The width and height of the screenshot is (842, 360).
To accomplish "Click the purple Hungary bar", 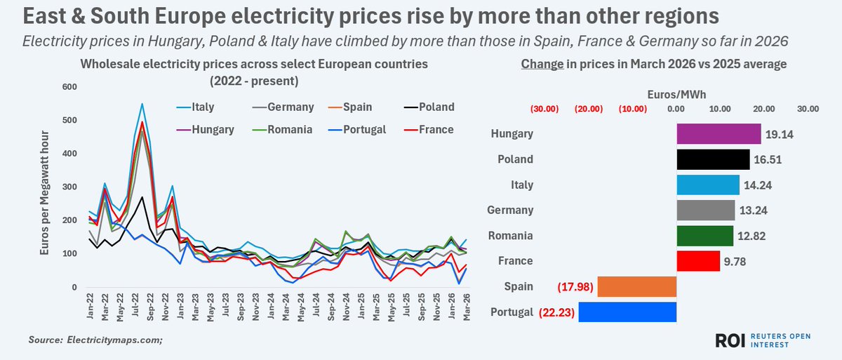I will point(719,134).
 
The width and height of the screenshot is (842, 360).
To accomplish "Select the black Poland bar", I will point(713,159).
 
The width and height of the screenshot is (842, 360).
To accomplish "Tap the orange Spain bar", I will point(636,286).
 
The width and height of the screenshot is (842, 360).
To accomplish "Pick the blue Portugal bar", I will point(627,312).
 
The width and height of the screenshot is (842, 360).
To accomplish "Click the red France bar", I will point(698,261).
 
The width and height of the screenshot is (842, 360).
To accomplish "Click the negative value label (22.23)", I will point(556,312).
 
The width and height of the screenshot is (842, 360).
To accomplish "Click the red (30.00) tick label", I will point(544,109).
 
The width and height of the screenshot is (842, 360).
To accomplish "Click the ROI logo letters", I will point(730,341).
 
